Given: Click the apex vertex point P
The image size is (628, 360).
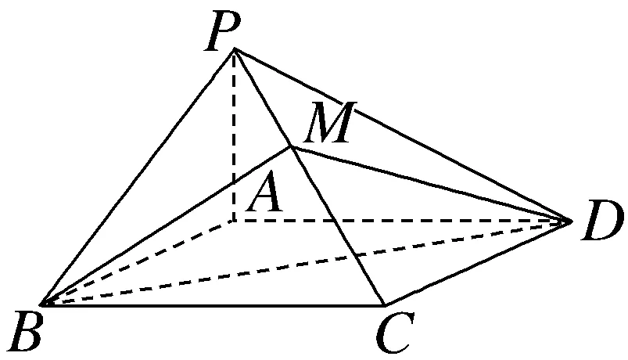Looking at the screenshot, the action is (x=234, y=49).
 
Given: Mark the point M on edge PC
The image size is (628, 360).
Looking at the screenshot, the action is (x=291, y=146).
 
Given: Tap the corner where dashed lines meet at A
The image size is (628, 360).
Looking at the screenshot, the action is (x=234, y=221).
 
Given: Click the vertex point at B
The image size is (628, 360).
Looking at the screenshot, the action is (x=41, y=304).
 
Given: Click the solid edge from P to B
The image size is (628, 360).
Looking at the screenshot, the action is (x=138, y=176).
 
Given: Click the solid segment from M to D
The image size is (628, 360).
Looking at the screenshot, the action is (x=430, y=184).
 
